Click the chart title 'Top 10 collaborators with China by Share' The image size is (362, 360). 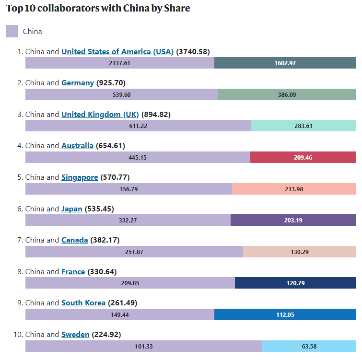[x=98, y=9]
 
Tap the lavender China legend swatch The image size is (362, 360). [x=12, y=31]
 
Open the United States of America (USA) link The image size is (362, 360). [x=117, y=51]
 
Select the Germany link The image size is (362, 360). [x=77, y=83]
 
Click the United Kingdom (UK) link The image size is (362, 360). [x=100, y=115]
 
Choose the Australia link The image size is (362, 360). [x=77, y=146]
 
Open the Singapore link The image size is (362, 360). [x=79, y=177]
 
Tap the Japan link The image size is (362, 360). [x=72, y=209]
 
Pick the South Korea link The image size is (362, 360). [x=83, y=303]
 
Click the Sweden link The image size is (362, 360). [x=75, y=335]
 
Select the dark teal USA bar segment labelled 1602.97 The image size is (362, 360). [x=285, y=63]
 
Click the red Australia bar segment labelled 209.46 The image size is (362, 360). [x=303, y=157]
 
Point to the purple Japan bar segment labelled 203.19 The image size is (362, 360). [x=293, y=220]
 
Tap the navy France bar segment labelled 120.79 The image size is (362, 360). [x=295, y=283]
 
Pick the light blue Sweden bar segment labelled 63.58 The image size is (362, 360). [x=309, y=346]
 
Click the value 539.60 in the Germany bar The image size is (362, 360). [x=121, y=94]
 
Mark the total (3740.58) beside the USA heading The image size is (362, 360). [x=193, y=51]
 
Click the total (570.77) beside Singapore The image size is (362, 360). [x=115, y=177]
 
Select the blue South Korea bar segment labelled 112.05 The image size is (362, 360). [x=285, y=314]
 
